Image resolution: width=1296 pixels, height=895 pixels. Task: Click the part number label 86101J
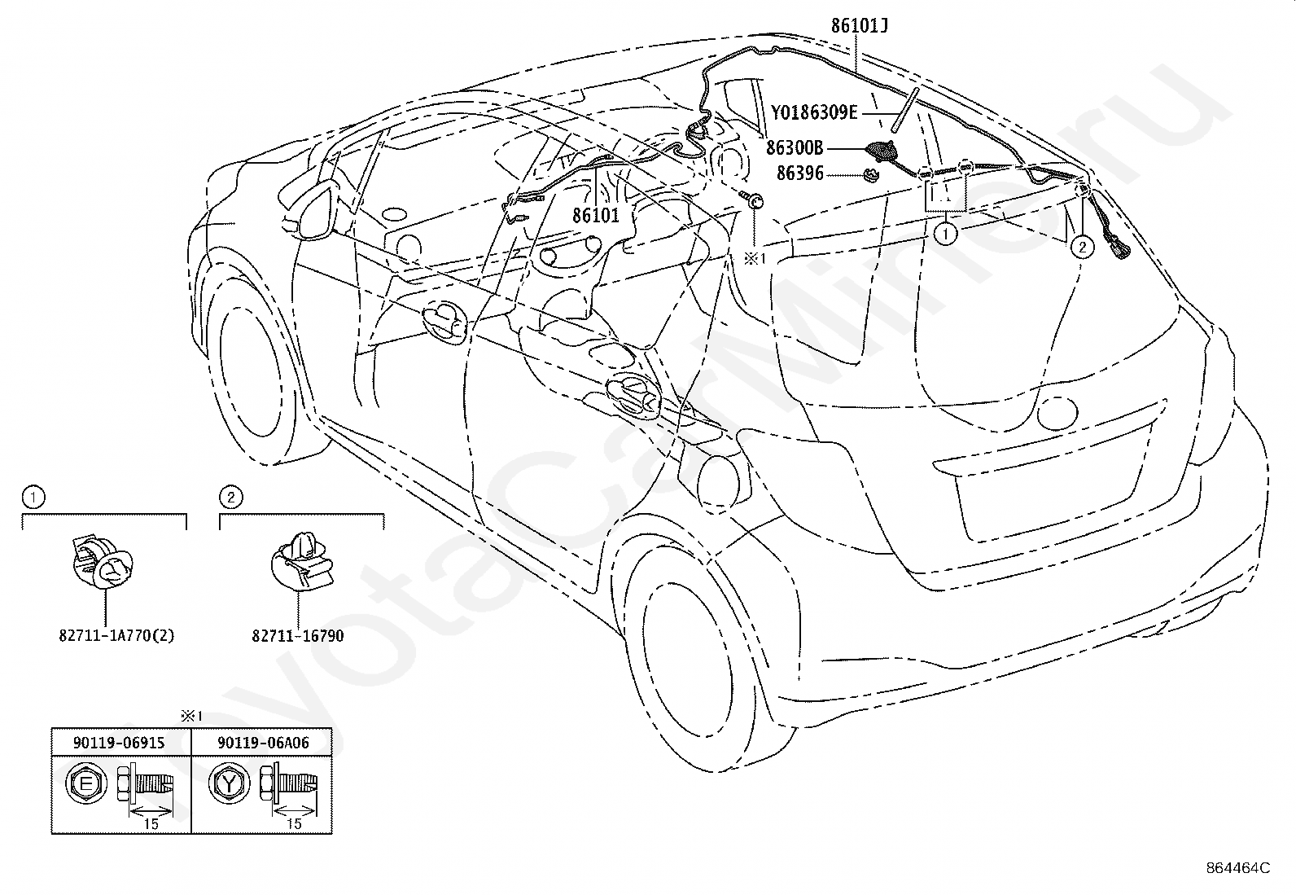pyautogui.click(x=859, y=26)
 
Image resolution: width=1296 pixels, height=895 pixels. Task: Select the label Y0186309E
pyautogui.click(x=814, y=112)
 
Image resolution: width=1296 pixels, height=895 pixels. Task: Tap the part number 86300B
pyautogui.click(x=795, y=148)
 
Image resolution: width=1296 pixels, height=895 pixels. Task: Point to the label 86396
pyautogui.click(x=799, y=173)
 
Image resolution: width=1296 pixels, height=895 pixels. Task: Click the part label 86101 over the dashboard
pyautogui.click(x=596, y=215)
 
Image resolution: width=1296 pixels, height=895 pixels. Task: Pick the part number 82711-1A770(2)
pyautogui.click(x=117, y=636)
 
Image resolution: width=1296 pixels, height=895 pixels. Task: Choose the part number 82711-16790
pyautogui.click(x=298, y=636)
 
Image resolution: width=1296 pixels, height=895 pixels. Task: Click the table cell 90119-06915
pyautogui.click(x=119, y=743)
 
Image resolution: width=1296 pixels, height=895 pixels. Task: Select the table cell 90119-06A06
pyautogui.click(x=263, y=743)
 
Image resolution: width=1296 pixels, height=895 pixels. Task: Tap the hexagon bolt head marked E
pyautogui.click(x=85, y=784)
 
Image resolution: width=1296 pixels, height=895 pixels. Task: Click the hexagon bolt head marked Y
pyautogui.click(x=229, y=784)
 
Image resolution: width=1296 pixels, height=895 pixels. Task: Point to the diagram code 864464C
pyautogui.click(x=1239, y=868)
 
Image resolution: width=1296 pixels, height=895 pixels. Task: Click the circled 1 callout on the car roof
pyautogui.click(x=945, y=234)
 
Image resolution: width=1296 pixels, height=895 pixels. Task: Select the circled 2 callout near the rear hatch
pyautogui.click(x=1083, y=248)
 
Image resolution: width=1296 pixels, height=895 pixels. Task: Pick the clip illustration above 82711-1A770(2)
pyautogui.click(x=103, y=564)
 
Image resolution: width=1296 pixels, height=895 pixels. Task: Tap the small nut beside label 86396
pyautogui.click(x=871, y=175)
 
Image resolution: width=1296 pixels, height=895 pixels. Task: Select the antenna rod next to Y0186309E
pyautogui.click(x=905, y=111)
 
